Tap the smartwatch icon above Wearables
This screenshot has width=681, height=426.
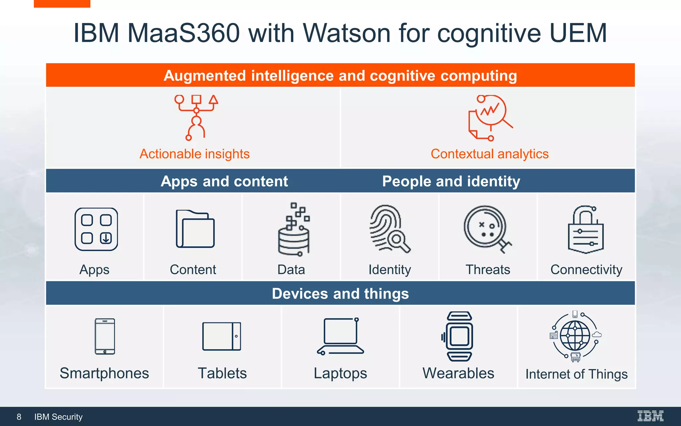pos(459,336)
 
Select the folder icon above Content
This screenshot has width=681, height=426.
pos(195,229)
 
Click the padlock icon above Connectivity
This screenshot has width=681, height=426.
pos(586,230)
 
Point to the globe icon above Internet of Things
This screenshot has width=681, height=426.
pos(575,335)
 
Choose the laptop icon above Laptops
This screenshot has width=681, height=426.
pos(340,336)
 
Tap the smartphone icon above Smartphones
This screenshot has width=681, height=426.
pos(105,336)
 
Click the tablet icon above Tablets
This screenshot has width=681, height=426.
pos(222,336)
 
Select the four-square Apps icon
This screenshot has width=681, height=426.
pos(96,229)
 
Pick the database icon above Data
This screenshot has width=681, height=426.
pos(294,230)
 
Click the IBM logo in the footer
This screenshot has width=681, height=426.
pos(650,416)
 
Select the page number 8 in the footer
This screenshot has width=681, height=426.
pos(19,417)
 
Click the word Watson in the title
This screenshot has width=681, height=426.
pos(347,33)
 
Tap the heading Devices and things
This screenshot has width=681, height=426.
pos(340,294)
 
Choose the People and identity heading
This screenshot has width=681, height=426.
pos(451,181)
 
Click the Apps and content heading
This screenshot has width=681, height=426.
pos(224,181)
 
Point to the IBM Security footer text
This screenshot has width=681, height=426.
pos(59,417)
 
